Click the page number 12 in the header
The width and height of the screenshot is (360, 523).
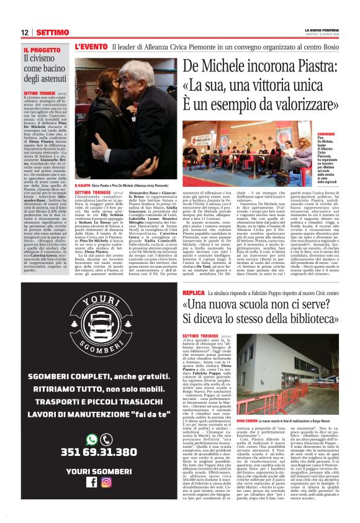pos(25,32)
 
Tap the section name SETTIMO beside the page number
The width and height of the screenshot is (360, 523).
pos(52,32)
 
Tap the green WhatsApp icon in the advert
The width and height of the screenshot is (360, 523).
pos(91,439)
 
